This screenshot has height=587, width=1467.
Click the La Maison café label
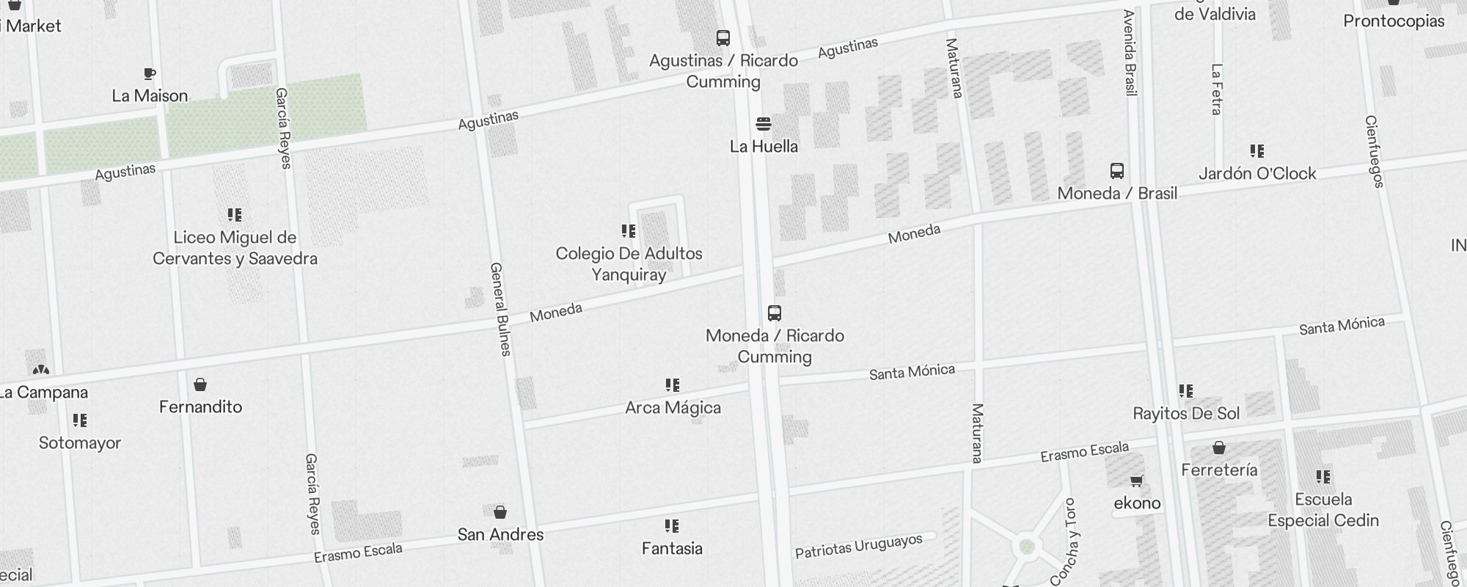pos(150,96)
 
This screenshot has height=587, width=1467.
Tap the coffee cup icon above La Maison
pos(150,74)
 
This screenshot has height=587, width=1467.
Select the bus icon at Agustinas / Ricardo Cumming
pos(723,38)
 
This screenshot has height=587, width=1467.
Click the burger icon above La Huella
pos(764,124)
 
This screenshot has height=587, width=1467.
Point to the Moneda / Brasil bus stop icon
pos(1117,172)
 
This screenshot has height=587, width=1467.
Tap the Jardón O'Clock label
pos(1257,174)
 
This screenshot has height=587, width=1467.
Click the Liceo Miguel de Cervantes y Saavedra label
pos(235,248)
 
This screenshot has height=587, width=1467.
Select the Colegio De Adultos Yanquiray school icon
pos(629,231)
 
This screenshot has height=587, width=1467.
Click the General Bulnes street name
pos(500,309)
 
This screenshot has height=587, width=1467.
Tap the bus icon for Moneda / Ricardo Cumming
pos(775,313)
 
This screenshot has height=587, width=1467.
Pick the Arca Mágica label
pos(673,408)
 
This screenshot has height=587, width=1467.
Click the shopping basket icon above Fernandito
pos(200,384)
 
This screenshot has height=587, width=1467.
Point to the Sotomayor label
pos(80,443)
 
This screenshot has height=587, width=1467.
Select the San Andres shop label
pos(500,535)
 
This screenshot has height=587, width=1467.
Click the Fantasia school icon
pos(672,526)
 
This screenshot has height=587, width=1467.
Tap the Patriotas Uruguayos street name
pos(858,547)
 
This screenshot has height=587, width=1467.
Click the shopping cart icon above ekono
pos(1137,481)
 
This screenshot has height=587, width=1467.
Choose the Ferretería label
pos(1219,470)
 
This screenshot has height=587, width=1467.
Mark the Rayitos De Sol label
pos(1186,414)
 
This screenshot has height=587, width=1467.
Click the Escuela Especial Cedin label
pos(1323,510)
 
